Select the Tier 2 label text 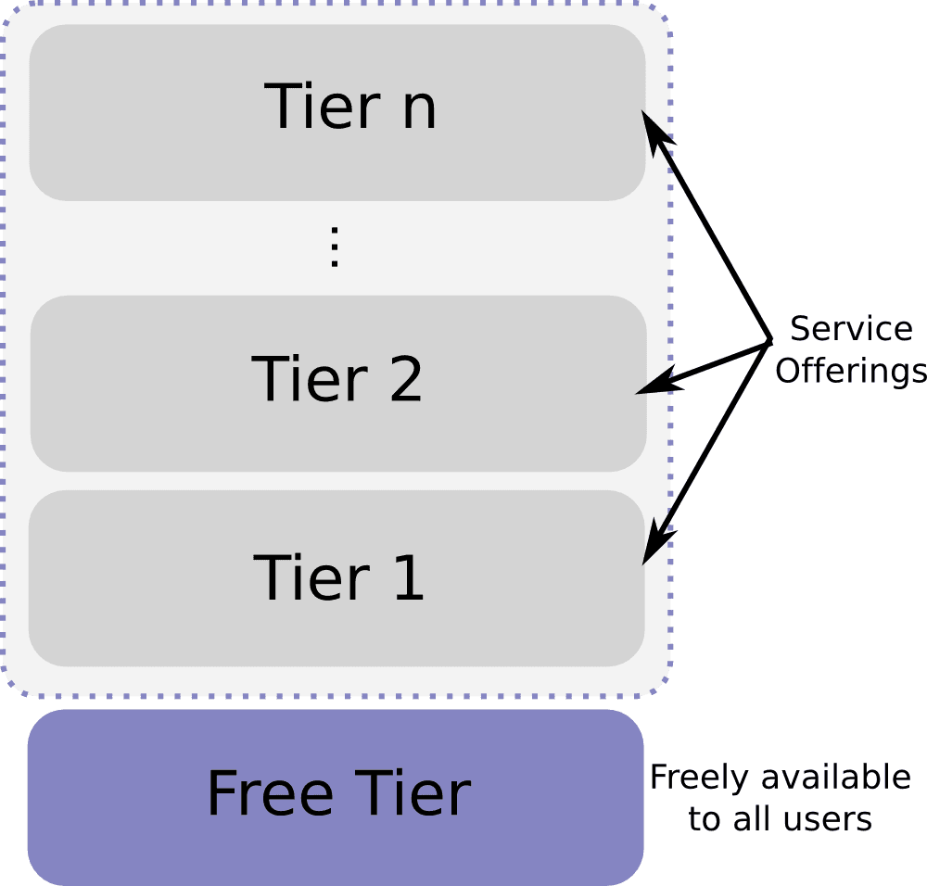337,378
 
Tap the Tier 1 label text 338,577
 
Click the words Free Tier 338,793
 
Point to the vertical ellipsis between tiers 336,247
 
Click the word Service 850,329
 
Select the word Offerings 850,371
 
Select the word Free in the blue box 270,793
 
